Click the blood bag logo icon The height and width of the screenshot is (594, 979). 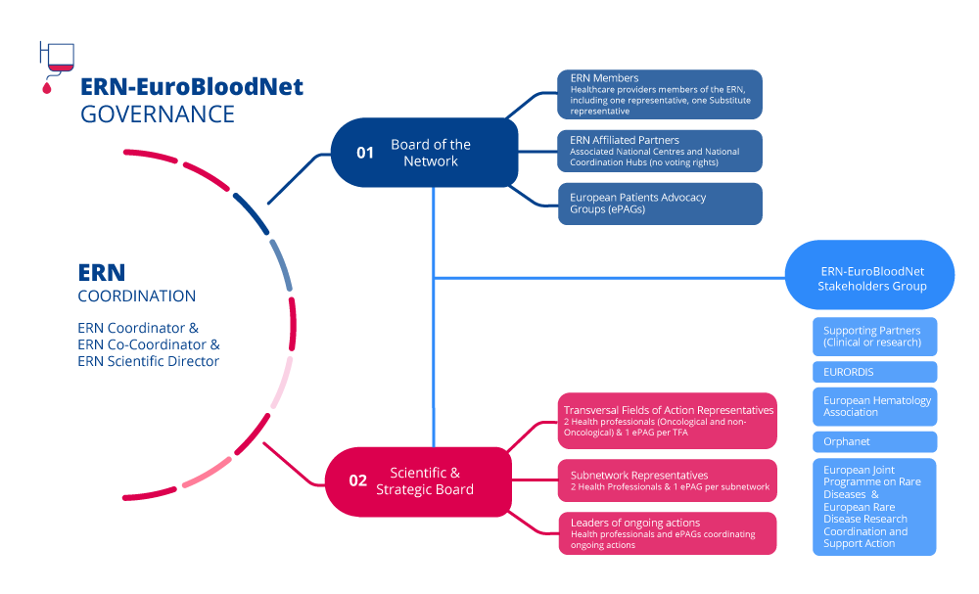click(57, 62)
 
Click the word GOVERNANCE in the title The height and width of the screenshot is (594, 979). click(158, 114)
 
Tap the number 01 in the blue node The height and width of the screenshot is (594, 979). click(365, 153)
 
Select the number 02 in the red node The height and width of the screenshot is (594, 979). click(358, 480)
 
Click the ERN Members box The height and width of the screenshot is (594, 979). click(660, 94)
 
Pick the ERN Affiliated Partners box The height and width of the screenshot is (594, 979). click(660, 151)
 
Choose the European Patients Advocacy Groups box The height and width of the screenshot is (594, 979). click(660, 204)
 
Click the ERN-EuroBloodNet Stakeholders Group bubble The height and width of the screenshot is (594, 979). click(870, 279)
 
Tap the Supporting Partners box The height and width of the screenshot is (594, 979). click(874, 336)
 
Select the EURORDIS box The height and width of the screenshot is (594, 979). click(874, 372)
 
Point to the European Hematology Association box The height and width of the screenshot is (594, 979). click(874, 406)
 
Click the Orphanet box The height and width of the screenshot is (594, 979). click(874, 441)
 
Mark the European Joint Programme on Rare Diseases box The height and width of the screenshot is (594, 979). click(874, 507)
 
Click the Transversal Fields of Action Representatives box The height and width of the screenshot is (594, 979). click(667, 421)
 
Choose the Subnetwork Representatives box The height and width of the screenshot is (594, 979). click(667, 480)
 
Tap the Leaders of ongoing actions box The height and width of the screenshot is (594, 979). click(667, 533)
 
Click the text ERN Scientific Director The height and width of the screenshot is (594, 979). click(148, 361)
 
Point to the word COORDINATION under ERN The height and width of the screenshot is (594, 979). click(137, 296)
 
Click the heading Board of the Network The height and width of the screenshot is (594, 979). click(431, 153)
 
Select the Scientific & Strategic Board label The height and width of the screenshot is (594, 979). click(425, 480)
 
